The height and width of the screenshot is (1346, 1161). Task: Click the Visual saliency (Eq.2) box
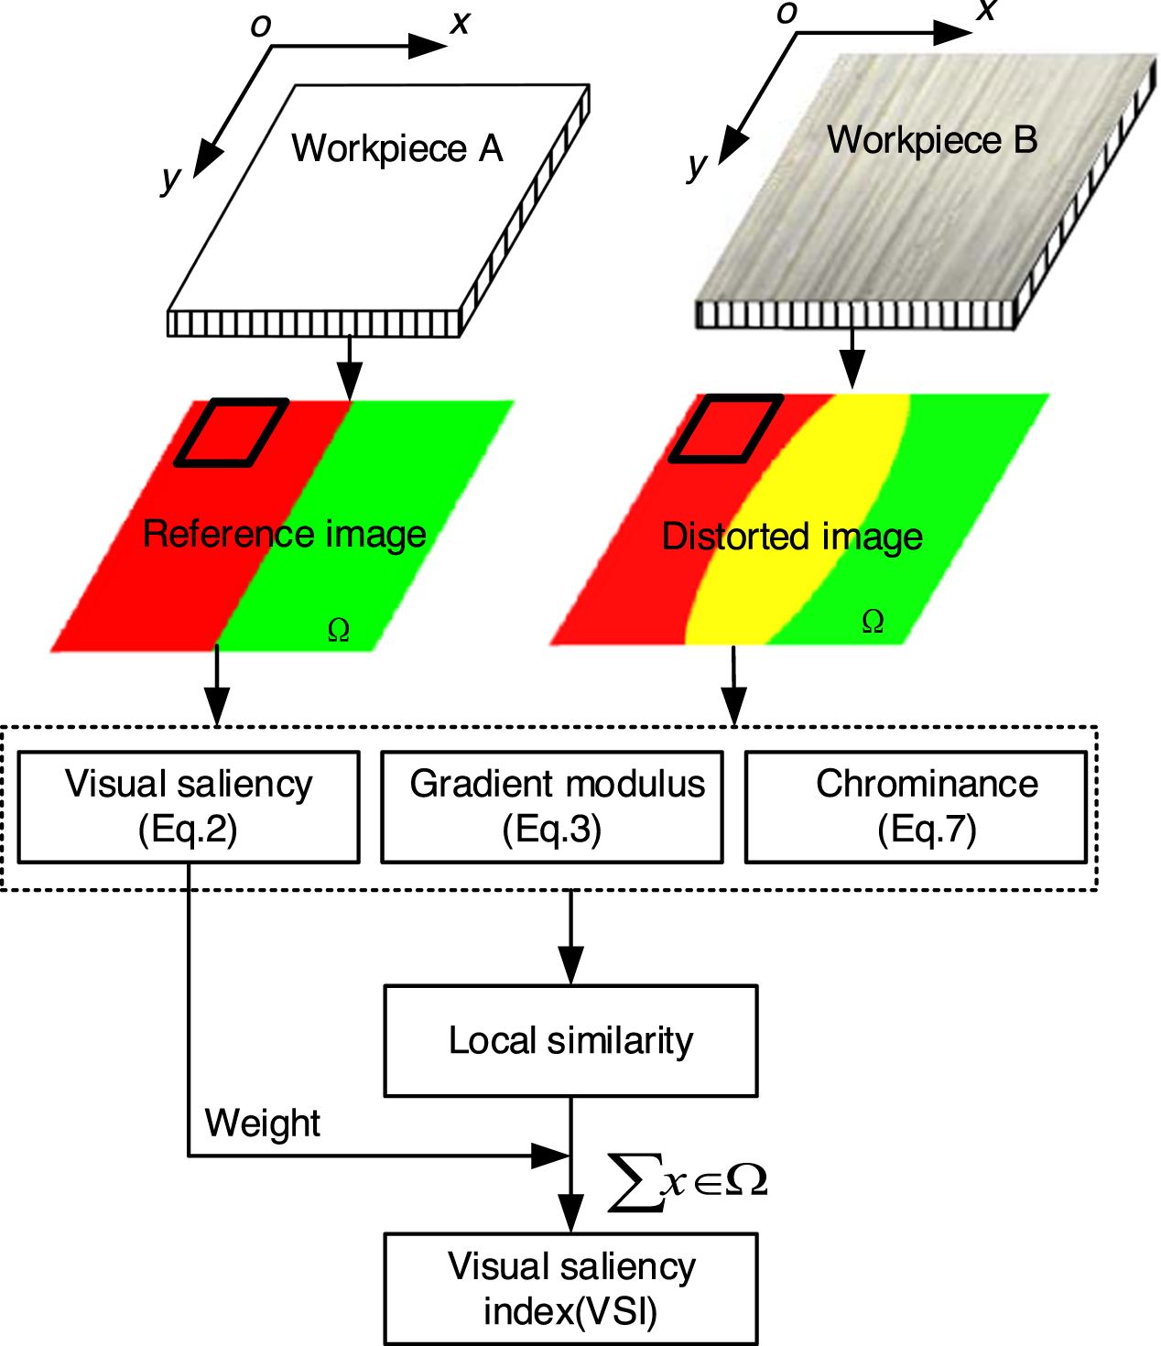pyautogui.click(x=189, y=807)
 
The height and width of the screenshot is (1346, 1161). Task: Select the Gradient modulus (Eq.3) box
pyautogui.click(x=552, y=807)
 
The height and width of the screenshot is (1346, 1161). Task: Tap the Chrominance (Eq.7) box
pyautogui.click(x=916, y=807)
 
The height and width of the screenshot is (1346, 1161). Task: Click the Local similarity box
pyautogui.click(x=570, y=1040)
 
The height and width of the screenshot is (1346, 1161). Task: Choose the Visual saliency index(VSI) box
pyautogui.click(x=570, y=1288)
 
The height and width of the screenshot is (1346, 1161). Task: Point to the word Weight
pyautogui.click(x=263, y=1123)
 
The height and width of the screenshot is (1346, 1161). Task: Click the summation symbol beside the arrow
pyautogui.click(x=635, y=1182)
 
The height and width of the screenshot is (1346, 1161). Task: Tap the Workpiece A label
pyautogui.click(x=397, y=148)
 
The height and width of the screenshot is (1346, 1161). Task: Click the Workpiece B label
pyautogui.click(x=932, y=140)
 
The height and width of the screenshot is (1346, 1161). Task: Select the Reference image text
pyautogui.click(x=285, y=534)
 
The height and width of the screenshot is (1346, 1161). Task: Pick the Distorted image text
pyautogui.click(x=792, y=537)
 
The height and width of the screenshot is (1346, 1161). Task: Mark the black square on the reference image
pyautogui.click(x=232, y=432)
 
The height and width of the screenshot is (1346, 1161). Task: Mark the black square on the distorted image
pyautogui.click(x=726, y=429)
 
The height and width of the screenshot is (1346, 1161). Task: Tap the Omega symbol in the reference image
pyautogui.click(x=339, y=630)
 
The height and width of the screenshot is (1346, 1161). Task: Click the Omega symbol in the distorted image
pyautogui.click(x=873, y=623)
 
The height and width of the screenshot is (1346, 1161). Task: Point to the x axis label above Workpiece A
pyautogui.click(x=460, y=22)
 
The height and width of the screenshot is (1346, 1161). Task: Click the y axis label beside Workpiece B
pyautogui.click(x=697, y=165)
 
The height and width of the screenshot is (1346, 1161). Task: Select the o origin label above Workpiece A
pyautogui.click(x=261, y=27)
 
